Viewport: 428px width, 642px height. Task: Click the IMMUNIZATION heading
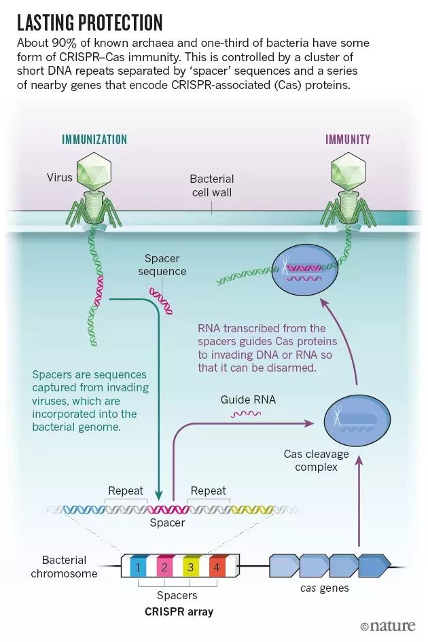tap(94, 140)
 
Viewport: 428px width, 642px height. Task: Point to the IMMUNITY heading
tap(348, 140)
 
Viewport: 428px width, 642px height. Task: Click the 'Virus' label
tap(59, 177)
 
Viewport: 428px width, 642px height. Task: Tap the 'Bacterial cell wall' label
tap(212, 185)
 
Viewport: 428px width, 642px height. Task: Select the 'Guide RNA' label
tap(248, 399)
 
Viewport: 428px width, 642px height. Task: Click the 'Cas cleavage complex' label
tap(316, 460)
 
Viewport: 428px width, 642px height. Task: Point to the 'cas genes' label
tap(324, 588)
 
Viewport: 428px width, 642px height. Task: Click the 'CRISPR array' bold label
tap(179, 611)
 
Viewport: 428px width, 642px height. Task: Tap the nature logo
tap(387, 626)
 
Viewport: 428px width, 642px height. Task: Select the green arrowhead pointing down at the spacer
tap(159, 495)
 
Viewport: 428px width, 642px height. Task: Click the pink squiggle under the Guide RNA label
tap(246, 414)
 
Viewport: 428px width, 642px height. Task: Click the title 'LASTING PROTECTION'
tap(90, 22)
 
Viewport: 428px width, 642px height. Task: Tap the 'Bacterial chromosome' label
tap(65, 567)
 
